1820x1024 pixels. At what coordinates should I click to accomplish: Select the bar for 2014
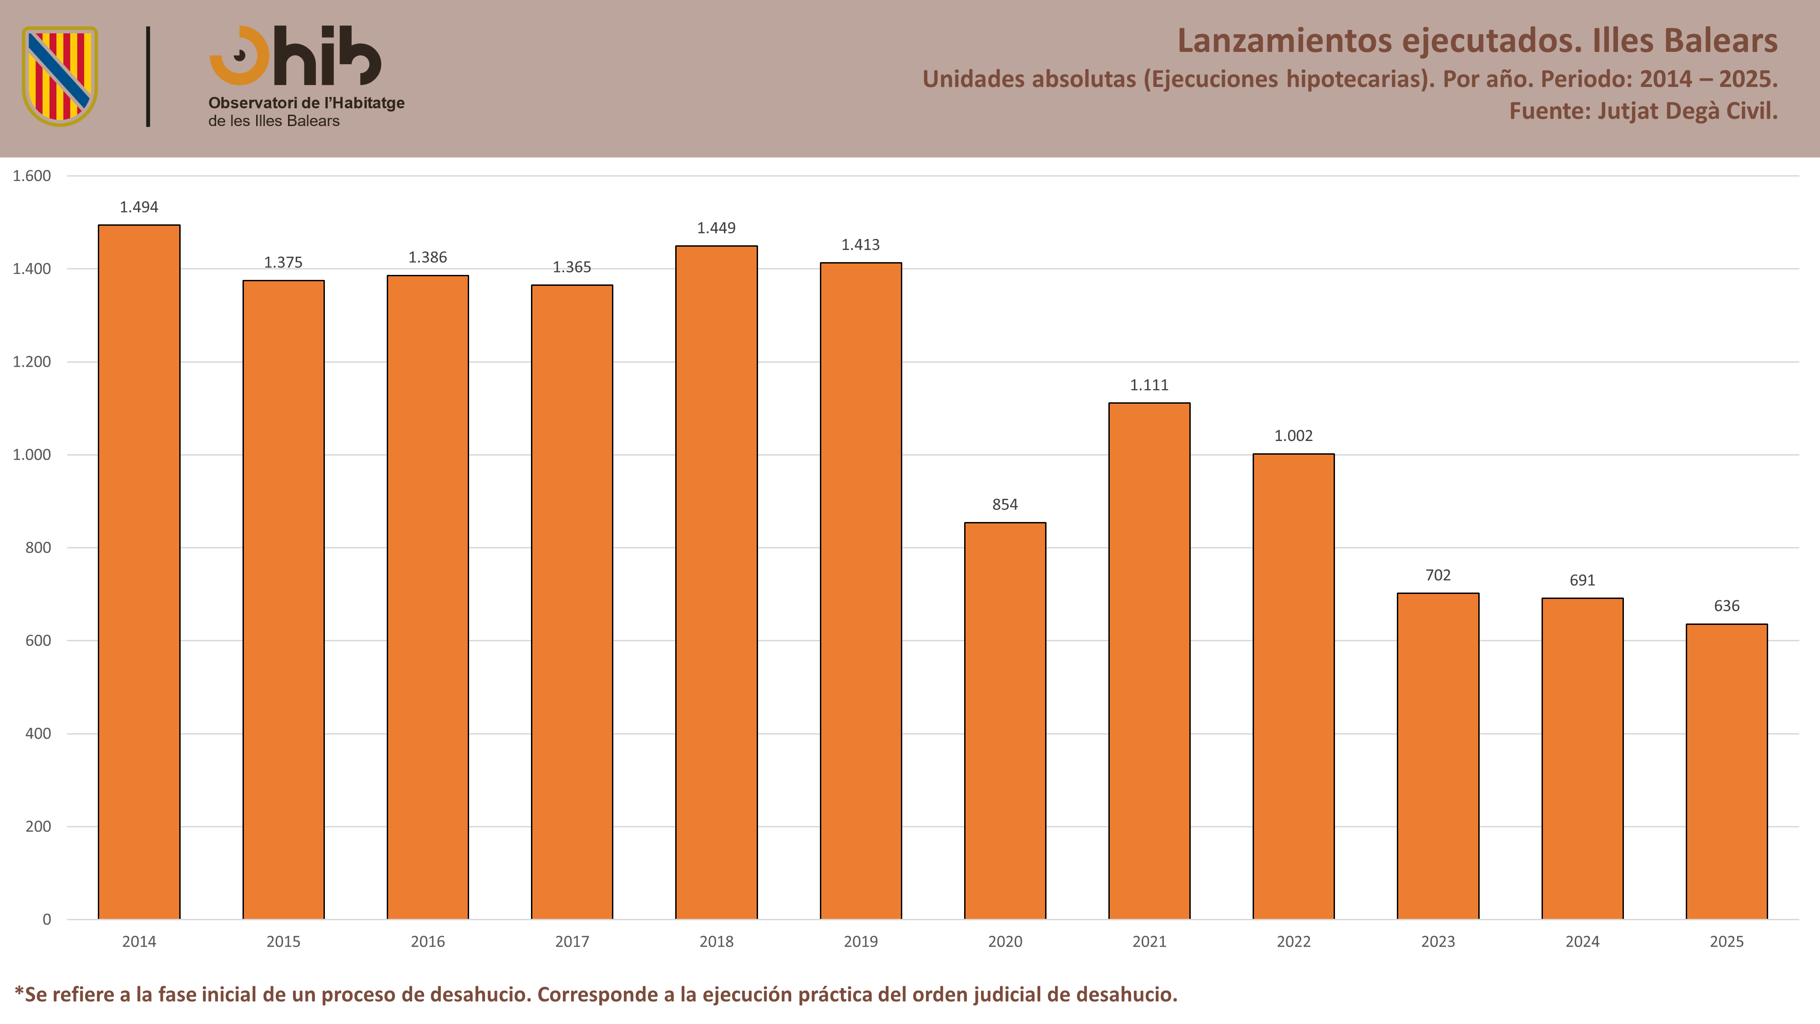pyautogui.click(x=139, y=572)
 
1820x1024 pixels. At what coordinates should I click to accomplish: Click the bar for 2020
pyautogui.click(x=1005, y=721)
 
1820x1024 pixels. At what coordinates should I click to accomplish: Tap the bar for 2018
pyautogui.click(x=717, y=583)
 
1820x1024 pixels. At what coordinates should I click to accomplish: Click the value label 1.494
pyautogui.click(x=139, y=207)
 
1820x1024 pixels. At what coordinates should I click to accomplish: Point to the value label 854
pyautogui.click(x=1005, y=505)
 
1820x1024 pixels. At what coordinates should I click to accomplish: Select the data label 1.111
pyautogui.click(x=1149, y=385)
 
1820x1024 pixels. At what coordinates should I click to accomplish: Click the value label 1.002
pyautogui.click(x=1293, y=436)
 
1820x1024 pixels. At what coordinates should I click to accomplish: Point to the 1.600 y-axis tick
pyautogui.click(x=32, y=176)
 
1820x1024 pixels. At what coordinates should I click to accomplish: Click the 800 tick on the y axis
pyautogui.click(x=38, y=547)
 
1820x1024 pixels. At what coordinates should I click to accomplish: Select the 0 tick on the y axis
pyautogui.click(x=46, y=919)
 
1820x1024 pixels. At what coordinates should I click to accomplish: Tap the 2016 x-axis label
pyautogui.click(x=427, y=941)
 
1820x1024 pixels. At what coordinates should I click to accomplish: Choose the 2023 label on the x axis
pyautogui.click(x=1438, y=941)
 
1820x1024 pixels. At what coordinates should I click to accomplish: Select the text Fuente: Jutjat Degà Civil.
pyautogui.click(x=1643, y=111)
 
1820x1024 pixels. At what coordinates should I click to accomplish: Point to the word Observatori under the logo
pyautogui.click(x=252, y=103)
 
